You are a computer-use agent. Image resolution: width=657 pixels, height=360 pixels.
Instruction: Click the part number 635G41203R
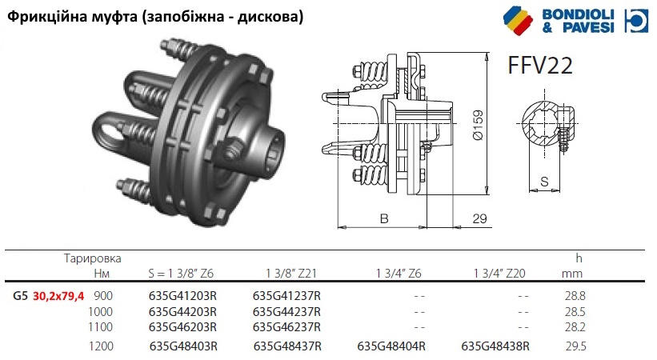[x=182, y=296]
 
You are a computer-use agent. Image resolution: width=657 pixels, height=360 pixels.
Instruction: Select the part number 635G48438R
[x=495, y=346]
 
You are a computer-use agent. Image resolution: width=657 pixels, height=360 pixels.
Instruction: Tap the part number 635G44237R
[x=286, y=312]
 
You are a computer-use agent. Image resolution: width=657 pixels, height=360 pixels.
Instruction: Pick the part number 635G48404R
[x=391, y=346]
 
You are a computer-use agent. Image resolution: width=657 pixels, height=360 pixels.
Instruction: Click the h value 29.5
[x=575, y=346]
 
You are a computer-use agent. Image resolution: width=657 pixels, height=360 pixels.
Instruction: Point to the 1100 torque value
[x=101, y=327]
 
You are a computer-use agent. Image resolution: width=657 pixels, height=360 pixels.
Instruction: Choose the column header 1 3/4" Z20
[x=499, y=274]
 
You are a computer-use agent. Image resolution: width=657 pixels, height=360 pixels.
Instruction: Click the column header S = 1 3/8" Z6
[x=181, y=274]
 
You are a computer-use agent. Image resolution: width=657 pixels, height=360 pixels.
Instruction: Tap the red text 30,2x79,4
[x=58, y=296]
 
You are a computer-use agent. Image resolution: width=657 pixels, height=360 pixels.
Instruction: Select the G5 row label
[x=20, y=296]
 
